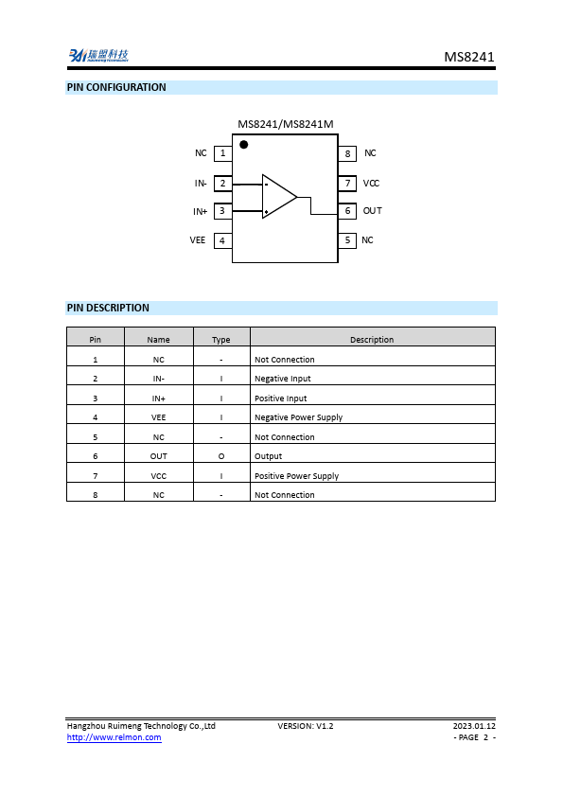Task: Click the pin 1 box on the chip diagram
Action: coord(222,153)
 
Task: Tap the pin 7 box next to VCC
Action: coord(347,183)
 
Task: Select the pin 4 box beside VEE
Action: coord(222,240)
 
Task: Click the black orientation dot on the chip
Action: coord(244,145)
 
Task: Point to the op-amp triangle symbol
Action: coord(278,196)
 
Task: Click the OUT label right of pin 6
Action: coord(373,211)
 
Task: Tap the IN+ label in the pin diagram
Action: coord(201,212)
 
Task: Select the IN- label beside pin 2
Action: coord(201,184)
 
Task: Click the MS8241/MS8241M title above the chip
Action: coord(285,124)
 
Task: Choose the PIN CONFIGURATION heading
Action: coord(116,88)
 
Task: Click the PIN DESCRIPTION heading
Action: coord(108,308)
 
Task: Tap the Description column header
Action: coord(372,340)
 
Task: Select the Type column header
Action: coord(221,340)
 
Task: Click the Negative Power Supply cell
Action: coord(299,417)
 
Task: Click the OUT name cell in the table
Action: coord(159,456)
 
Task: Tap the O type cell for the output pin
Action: coord(221,456)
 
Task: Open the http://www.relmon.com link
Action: coord(114,737)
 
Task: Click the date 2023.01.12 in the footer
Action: coord(474,726)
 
